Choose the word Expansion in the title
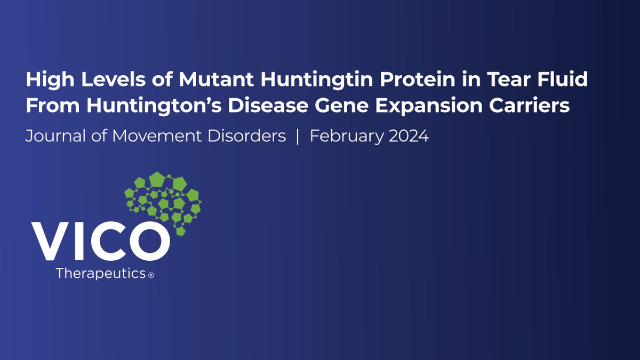[434, 105]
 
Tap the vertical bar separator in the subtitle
[298, 137]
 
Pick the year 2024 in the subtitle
[408, 137]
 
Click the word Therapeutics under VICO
[101, 274]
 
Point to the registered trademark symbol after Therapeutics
[151, 276]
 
